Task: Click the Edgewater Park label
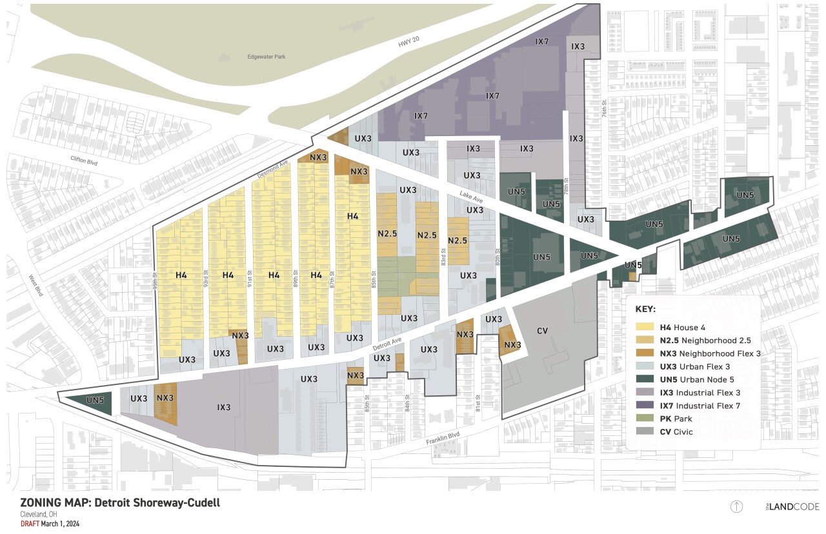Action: click(x=267, y=57)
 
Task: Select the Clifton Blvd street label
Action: click(x=84, y=160)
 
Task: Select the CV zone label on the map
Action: click(x=542, y=331)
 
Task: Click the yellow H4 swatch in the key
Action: click(x=643, y=327)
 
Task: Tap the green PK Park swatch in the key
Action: click(x=643, y=419)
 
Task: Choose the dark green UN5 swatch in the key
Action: click(x=643, y=379)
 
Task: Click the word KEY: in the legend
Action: click(x=645, y=309)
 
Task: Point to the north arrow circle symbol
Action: click(x=736, y=506)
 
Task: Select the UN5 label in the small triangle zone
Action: click(x=95, y=400)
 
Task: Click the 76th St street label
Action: click(x=605, y=108)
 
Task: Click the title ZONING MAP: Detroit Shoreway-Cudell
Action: click(x=119, y=502)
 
